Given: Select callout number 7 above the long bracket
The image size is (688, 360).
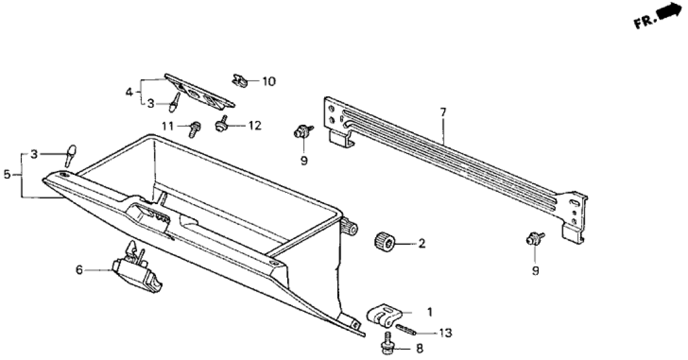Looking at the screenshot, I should [x=443, y=112].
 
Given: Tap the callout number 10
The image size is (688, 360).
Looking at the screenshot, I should [x=268, y=82].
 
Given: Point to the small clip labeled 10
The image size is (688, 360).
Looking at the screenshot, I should [x=240, y=81].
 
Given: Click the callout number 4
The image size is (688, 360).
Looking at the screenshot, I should [x=129, y=92].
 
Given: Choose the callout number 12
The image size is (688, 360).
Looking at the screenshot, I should [x=254, y=125].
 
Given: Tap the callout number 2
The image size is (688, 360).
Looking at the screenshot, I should [x=421, y=244].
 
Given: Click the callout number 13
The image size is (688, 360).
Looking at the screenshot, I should [x=444, y=333].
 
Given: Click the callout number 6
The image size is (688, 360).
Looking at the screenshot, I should [x=80, y=269].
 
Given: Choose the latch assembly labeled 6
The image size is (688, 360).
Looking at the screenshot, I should [x=138, y=270].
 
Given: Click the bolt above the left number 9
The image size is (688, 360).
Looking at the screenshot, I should [x=302, y=132].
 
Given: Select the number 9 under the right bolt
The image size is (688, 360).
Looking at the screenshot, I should [x=535, y=270].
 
